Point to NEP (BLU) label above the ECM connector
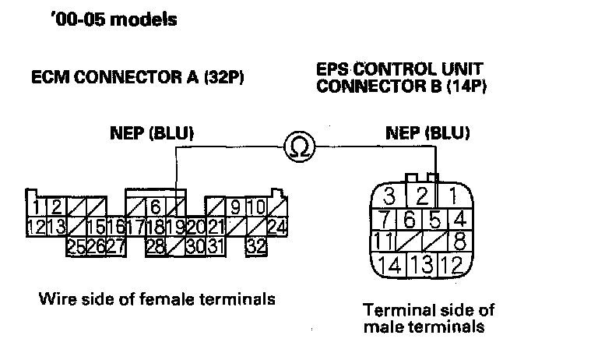152,133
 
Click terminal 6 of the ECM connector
155,207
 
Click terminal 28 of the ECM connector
155,246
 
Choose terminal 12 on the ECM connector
34,227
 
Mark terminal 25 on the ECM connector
76,246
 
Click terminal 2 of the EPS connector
421,195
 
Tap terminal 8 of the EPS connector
460,240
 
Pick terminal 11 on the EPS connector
384,240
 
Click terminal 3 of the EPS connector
392,195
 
